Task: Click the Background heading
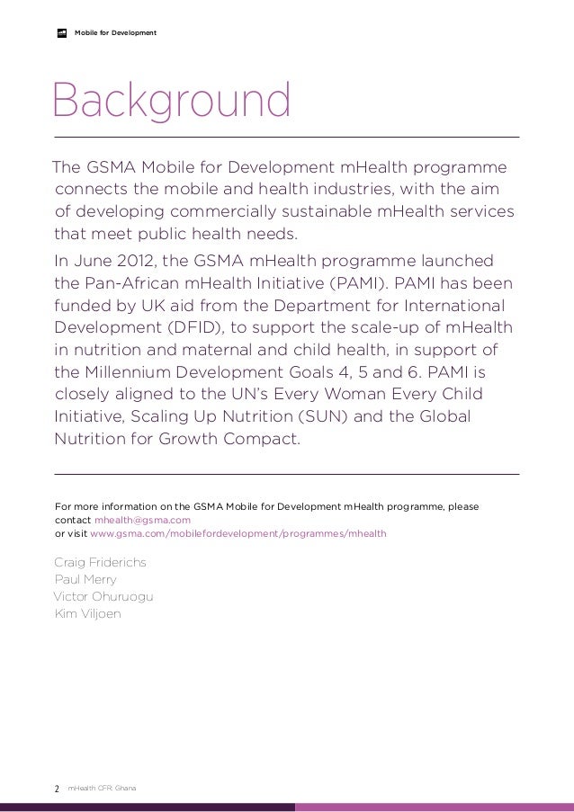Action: coord(171,103)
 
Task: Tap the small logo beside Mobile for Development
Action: coord(63,33)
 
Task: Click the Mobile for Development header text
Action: coord(115,33)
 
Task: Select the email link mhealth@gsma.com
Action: coord(142,520)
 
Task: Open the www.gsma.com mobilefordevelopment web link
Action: coord(238,533)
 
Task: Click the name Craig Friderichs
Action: coord(100,562)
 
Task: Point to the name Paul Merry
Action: coord(85,579)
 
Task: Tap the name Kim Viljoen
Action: coord(87,613)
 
